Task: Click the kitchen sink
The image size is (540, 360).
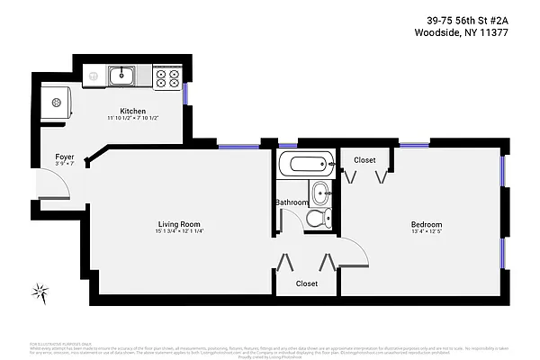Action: [122, 76]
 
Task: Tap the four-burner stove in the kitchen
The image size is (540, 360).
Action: [166, 77]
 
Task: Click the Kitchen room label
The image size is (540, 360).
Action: [133, 111]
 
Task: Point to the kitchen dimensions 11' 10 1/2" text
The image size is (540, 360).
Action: [133, 119]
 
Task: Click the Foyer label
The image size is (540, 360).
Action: [64, 156]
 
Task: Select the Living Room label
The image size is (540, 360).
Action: [177, 224]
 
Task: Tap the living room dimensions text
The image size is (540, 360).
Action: [177, 232]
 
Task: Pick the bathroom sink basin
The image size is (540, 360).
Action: [320, 192]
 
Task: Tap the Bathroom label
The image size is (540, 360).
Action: [292, 202]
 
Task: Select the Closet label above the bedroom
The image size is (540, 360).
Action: [364, 160]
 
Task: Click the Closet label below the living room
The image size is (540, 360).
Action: [307, 283]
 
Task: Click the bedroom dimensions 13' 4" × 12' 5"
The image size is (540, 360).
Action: [426, 232]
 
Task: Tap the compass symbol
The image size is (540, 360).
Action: [40, 291]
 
